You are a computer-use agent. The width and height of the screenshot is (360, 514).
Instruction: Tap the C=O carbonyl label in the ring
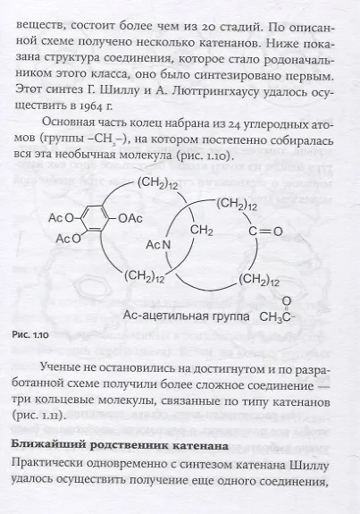point(265,232)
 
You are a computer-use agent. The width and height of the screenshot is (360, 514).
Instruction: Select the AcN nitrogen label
point(158,245)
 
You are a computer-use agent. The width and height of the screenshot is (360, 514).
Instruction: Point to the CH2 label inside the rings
point(202,231)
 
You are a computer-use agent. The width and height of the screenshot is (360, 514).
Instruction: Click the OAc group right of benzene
point(130,218)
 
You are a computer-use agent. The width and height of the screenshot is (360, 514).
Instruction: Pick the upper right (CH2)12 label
point(237,204)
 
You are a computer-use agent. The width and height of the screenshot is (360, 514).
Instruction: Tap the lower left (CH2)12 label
point(144,277)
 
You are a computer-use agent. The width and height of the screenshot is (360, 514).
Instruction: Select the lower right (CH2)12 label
point(259,280)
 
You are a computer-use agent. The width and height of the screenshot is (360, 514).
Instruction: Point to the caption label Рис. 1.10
point(30,335)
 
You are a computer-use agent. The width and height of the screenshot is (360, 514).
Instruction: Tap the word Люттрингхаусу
point(213,91)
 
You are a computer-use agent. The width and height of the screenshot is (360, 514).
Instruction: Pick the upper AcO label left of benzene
point(61,218)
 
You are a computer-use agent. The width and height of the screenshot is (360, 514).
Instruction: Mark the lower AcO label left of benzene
point(68,239)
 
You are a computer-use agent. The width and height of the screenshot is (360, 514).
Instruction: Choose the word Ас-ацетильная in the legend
point(165,316)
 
